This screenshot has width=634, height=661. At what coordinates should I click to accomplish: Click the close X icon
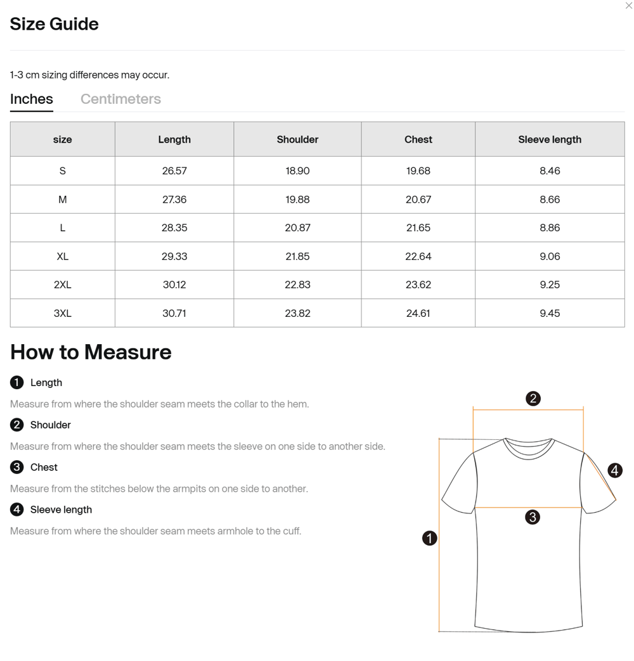(x=628, y=6)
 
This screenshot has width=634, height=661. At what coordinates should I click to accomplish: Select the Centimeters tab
(x=120, y=99)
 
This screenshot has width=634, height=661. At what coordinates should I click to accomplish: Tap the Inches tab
(x=32, y=99)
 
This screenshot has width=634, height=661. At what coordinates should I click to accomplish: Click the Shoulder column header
(x=297, y=139)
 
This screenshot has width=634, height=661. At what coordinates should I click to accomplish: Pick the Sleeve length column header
(x=550, y=139)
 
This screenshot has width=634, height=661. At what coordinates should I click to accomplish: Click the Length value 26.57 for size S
(x=174, y=170)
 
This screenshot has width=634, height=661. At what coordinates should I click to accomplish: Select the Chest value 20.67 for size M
(x=418, y=199)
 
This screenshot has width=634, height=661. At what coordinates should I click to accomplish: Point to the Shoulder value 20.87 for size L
(x=297, y=228)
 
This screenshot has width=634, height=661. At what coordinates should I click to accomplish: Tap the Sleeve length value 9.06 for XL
(x=550, y=256)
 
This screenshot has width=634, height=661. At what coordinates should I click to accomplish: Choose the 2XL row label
(x=62, y=285)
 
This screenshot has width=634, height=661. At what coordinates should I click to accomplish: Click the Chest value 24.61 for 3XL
(x=418, y=313)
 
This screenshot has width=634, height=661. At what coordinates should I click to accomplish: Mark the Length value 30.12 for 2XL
(x=174, y=285)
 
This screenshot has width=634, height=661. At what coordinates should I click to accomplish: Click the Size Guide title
(x=55, y=24)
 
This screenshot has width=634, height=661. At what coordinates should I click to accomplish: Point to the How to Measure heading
(x=91, y=352)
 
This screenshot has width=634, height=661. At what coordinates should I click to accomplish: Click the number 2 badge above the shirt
(x=533, y=399)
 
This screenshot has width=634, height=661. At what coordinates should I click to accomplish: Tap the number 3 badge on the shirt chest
(x=533, y=517)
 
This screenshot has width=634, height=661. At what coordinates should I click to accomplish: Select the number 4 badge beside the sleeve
(x=614, y=470)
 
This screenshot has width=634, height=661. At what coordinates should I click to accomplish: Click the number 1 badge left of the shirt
(x=429, y=538)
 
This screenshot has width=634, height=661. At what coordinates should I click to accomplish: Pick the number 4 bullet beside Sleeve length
(x=17, y=510)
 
